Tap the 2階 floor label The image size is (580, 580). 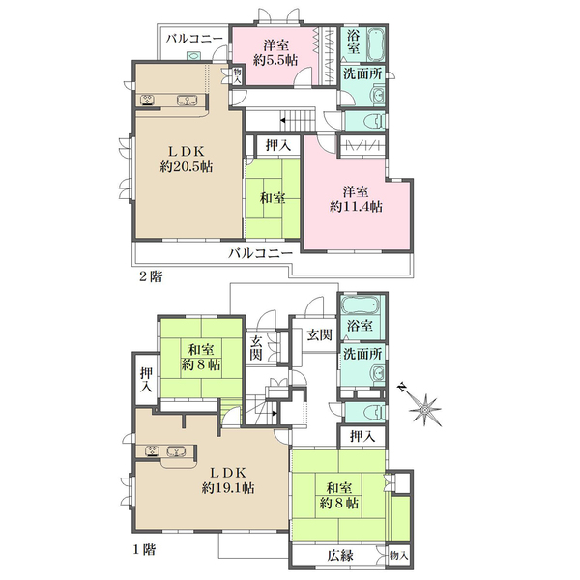tap(151, 276)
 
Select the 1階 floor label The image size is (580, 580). tap(144, 550)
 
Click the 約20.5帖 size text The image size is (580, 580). tap(187, 167)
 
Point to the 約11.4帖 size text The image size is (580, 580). tap(356, 207)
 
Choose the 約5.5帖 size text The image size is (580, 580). tap(275, 60)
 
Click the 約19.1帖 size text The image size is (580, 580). tap(228, 488)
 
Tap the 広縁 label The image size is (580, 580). tap(340, 555)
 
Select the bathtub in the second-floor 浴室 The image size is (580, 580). tap(376, 44)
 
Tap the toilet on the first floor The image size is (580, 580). tap(375, 412)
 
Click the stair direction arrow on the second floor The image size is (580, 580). tap(283, 120)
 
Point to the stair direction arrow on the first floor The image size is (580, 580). tap(275, 413)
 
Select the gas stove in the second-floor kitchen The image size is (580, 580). tap(148, 100)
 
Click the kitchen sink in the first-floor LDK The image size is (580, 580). tap(176, 451)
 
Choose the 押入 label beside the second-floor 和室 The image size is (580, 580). tap(278, 145)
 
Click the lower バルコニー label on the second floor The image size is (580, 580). tap(260, 253)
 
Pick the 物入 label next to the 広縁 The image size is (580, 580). tap(398, 555)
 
